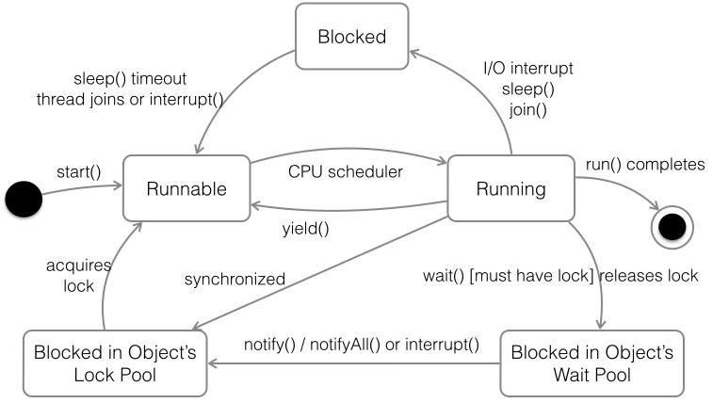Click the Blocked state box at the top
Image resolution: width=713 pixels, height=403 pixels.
351,37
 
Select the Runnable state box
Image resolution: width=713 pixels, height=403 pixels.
186,188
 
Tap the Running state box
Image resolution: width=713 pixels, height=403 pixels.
510,188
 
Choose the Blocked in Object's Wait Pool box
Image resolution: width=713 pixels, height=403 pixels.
591,363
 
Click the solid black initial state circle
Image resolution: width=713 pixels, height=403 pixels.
24,199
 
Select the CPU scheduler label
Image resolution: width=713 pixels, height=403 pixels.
345,171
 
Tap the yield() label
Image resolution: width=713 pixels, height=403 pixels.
306,228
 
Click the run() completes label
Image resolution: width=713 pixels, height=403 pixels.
645,165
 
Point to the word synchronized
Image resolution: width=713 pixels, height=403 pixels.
234,280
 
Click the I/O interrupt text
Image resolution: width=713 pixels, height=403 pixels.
527,69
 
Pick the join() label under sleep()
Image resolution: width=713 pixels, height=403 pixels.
527,110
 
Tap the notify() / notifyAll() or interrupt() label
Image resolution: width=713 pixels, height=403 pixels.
361,344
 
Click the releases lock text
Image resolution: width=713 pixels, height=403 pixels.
649,275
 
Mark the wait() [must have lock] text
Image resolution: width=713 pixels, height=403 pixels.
509,275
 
